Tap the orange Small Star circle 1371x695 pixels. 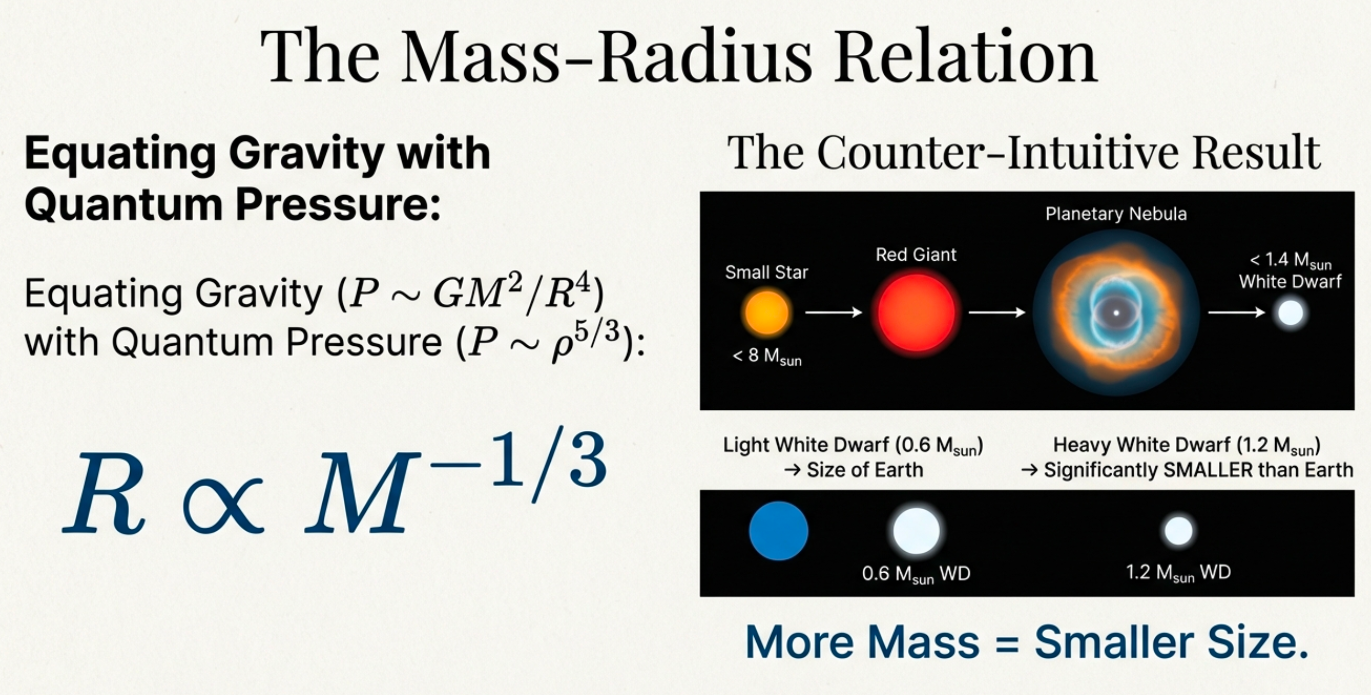[766, 313]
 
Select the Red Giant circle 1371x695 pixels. [916, 313]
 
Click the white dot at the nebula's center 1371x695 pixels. [1116, 313]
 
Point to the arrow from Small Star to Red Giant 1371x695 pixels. [833, 313]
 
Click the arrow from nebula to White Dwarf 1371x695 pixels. [1236, 313]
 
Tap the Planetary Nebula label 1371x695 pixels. [1116, 214]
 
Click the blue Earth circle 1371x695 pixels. [778, 531]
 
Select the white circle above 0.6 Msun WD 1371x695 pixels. [916, 531]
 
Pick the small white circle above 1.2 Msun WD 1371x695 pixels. [1178, 531]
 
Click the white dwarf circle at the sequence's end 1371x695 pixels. [1290, 313]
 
